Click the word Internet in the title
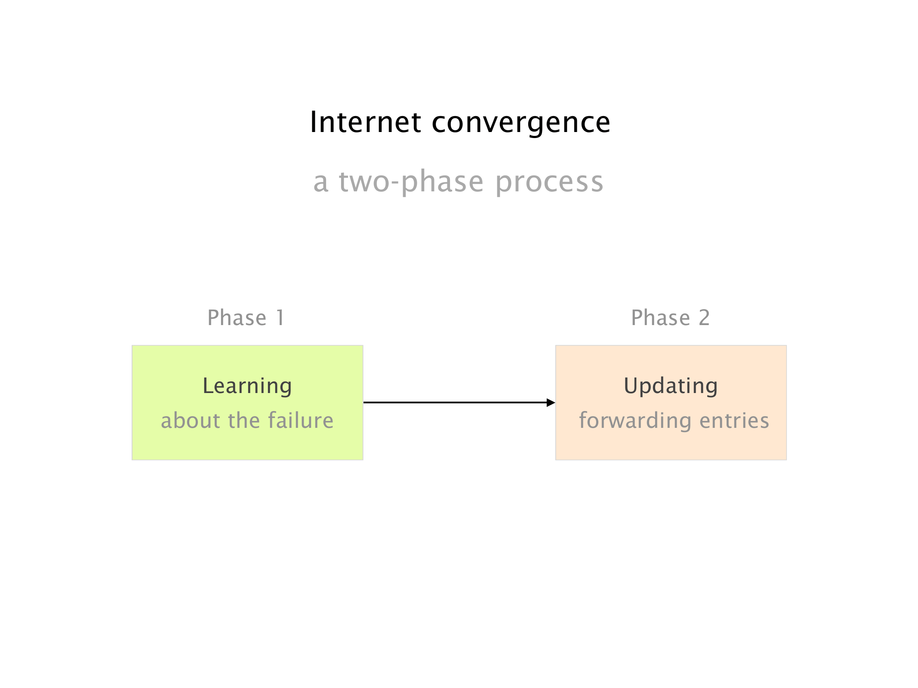[x=365, y=122]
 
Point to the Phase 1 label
[x=246, y=318]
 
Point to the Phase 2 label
[x=670, y=318]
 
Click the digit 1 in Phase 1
[x=280, y=318]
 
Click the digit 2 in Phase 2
[x=704, y=318]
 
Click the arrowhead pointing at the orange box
[x=551, y=402]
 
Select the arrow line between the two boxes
[x=459, y=402]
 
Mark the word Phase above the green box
[x=237, y=318]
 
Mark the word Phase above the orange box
[x=660, y=318]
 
